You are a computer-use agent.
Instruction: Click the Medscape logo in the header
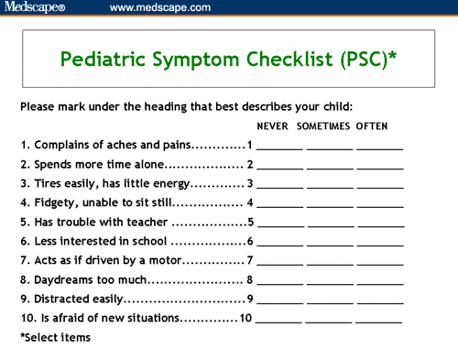[x=35, y=7]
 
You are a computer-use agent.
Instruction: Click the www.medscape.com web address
[x=159, y=7]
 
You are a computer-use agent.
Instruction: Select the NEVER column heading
[x=277, y=125]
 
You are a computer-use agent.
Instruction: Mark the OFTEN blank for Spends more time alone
[x=379, y=165]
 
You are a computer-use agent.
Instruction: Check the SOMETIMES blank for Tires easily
[x=329, y=184]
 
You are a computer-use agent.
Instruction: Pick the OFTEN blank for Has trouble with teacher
[x=379, y=223]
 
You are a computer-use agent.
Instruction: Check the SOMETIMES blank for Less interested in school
[x=329, y=242]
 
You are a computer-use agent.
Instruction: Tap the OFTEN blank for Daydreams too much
[x=379, y=280]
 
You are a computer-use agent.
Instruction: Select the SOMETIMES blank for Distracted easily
[x=329, y=300]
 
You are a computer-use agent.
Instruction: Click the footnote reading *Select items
[x=55, y=338]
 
